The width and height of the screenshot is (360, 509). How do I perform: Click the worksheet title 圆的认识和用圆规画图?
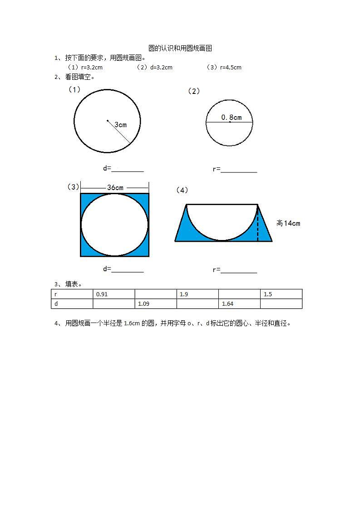180,49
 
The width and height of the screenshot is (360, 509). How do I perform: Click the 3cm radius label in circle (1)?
121,125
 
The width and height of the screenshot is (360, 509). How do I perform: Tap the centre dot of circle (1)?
108,121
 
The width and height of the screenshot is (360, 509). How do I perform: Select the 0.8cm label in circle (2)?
232,117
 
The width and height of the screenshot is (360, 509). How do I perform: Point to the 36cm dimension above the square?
115,188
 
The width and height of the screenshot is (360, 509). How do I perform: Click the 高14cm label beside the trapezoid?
288,223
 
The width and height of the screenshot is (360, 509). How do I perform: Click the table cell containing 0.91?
113,294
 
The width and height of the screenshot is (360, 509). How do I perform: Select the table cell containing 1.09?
156,303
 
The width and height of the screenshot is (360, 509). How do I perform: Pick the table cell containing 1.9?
197,294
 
